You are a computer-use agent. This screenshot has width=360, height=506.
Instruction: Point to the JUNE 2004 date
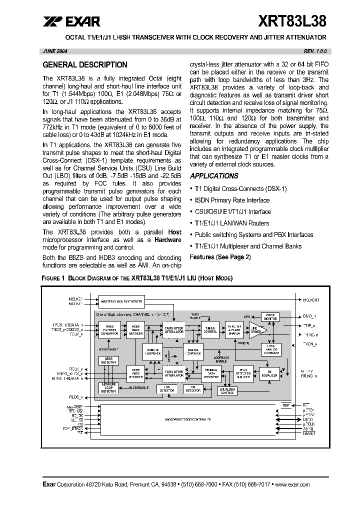(55, 51)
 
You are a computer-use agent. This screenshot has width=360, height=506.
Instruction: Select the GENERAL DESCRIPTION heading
(85, 65)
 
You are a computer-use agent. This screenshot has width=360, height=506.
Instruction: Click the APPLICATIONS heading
(214, 176)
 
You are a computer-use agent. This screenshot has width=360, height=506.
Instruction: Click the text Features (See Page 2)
(220, 257)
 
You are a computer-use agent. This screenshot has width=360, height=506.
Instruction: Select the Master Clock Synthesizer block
(121, 301)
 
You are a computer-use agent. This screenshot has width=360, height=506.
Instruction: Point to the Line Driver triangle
(255, 330)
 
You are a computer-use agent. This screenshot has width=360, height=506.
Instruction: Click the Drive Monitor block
(271, 317)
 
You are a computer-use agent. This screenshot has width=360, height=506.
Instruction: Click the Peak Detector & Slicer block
(244, 373)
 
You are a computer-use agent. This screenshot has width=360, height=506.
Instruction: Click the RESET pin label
(309, 433)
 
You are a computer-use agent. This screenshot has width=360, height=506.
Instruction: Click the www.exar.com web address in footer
(292, 484)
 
